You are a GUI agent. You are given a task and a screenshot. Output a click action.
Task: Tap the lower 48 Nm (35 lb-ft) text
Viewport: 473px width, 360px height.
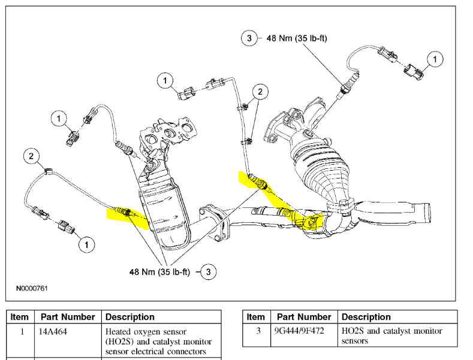(159, 271)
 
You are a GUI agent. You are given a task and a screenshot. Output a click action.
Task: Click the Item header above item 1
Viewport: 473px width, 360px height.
(20, 317)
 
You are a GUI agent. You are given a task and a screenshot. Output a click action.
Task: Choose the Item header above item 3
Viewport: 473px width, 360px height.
(255, 317)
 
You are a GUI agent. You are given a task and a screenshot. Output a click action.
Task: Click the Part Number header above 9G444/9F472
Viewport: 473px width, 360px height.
(303, 317)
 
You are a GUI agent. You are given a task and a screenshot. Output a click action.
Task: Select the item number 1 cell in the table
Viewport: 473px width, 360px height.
(21, 331)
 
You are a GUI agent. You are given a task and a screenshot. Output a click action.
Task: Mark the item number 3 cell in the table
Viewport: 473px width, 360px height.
(257, 331)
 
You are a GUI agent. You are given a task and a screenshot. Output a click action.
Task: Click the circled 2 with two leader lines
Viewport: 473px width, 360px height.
(260, 92)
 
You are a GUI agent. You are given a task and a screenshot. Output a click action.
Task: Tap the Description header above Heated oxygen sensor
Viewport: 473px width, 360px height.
(130, 317)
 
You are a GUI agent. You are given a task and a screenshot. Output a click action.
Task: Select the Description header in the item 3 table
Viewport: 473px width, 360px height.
(366, 317)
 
